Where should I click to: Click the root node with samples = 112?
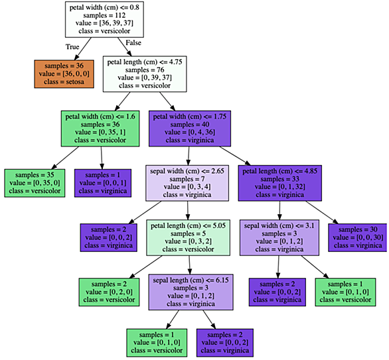(104, 20)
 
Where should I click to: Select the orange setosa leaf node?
(64, 74)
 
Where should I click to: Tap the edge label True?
(72, 47)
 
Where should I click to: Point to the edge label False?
(133, 43)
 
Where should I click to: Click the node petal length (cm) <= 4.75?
(145, 74)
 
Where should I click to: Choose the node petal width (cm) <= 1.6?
(100, 129)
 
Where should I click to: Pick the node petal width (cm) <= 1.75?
(190, 129)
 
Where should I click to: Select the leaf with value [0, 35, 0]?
(35, 183)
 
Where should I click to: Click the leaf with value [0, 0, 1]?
(103, 183)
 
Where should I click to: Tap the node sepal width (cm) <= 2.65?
(187, 183)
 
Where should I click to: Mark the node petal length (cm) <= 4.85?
(280, 183)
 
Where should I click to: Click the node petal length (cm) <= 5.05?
(189, 237)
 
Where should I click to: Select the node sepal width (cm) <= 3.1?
(279, 237)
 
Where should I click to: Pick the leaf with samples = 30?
(358, 237)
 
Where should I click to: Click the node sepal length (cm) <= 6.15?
(191, 292)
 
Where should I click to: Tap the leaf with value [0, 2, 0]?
(109, 292)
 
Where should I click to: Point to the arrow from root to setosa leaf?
(83, 49)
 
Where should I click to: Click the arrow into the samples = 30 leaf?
(322, 212)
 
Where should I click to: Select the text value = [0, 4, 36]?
(190, 133)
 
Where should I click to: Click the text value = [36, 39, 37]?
(104, 23)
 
